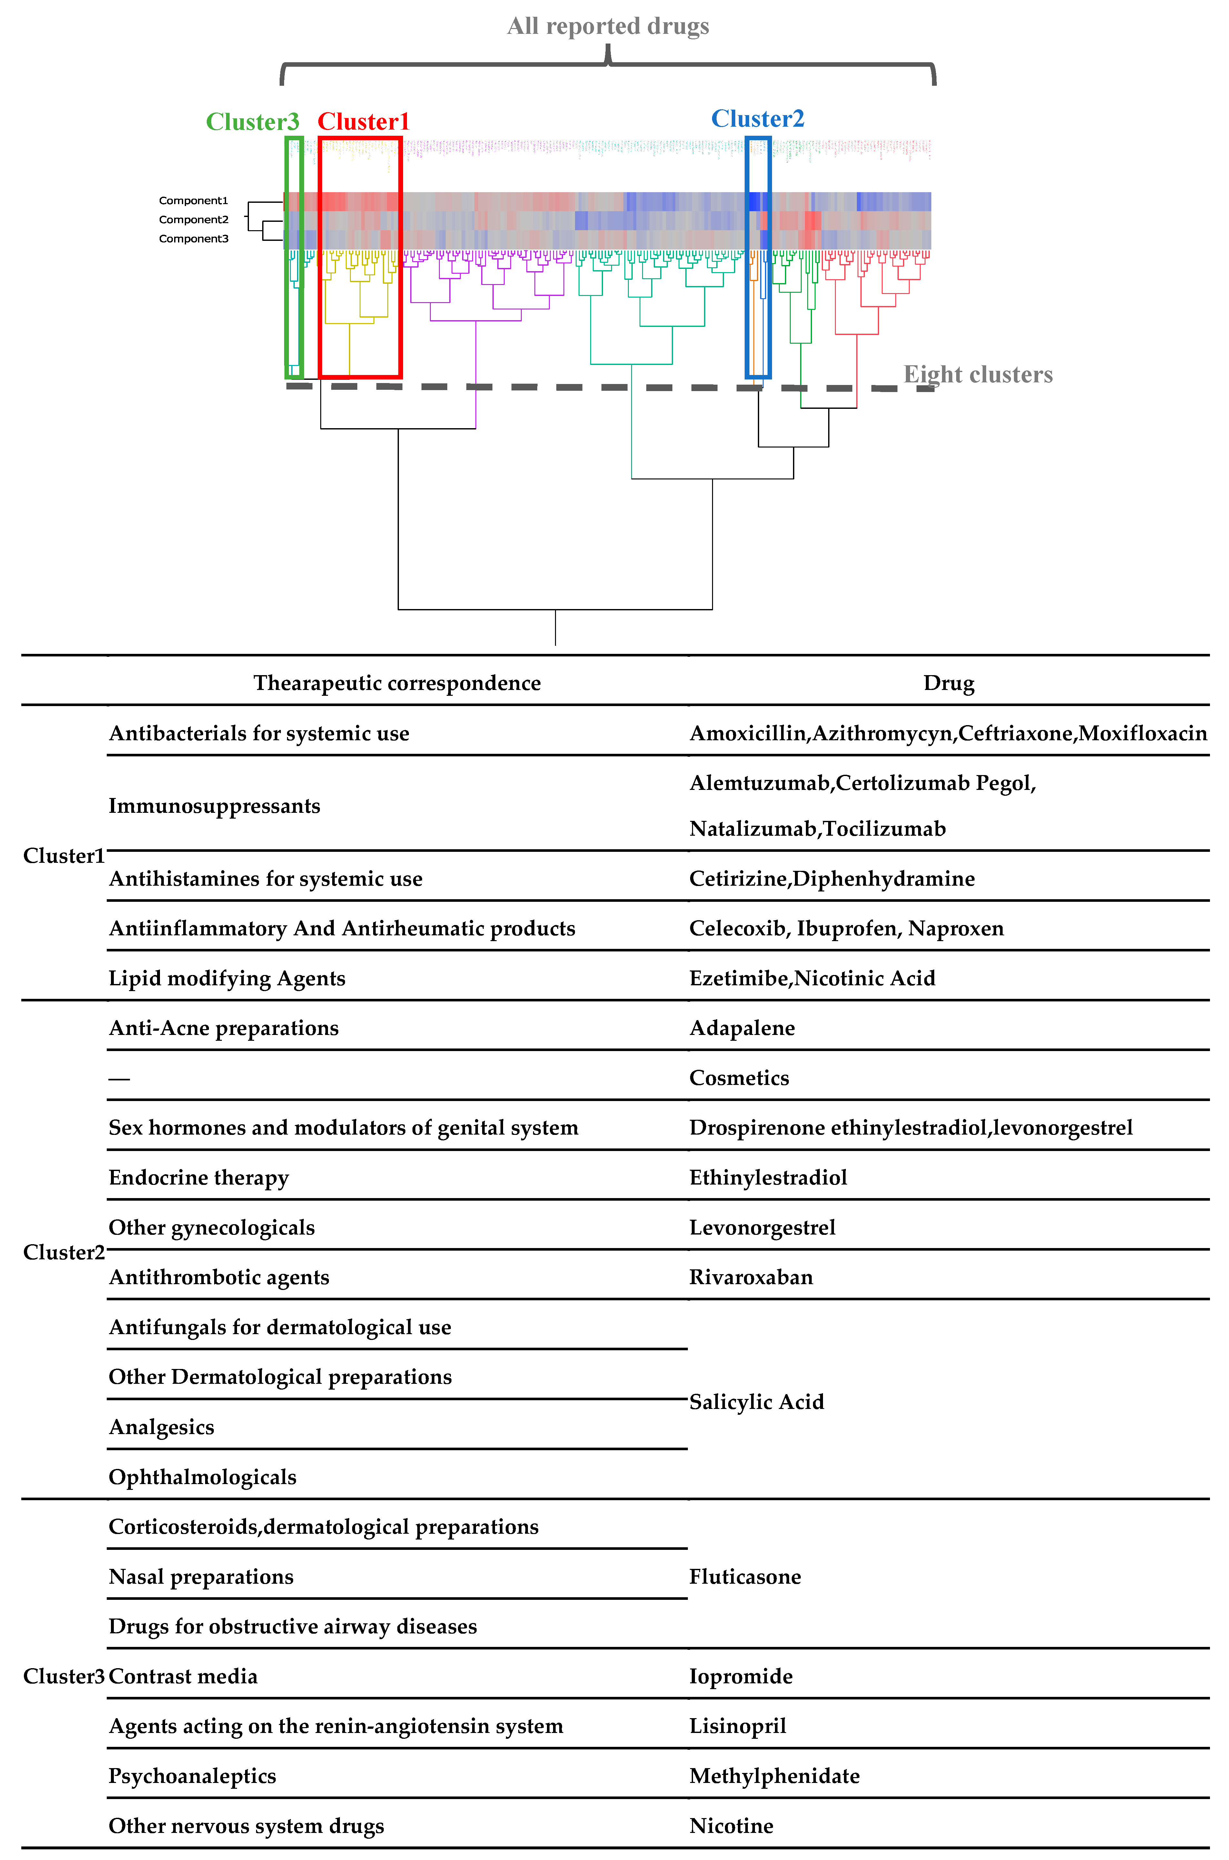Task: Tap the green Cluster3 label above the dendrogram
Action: [253, 122]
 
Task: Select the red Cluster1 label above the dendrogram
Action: [363, 122]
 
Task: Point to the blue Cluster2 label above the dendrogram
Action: [757, 119]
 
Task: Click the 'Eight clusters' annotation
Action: [977, 375]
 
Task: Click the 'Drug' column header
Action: [948, 683]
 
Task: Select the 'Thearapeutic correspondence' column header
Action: [397, 683]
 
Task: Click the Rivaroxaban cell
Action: [751, 1277]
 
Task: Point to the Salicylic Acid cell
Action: [756, 1402]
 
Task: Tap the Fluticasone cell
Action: [745, 1576]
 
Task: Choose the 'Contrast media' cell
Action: [183, 1676]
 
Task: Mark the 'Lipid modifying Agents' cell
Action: [226, 978]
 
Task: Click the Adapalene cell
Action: [741, 1028]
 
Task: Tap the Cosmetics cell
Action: [738, 1078]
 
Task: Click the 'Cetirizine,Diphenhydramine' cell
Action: [832, 878]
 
